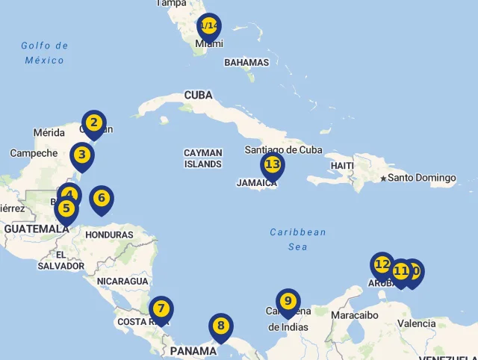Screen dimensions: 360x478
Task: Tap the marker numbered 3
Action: [81, 155]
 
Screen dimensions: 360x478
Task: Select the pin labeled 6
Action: [101, 199]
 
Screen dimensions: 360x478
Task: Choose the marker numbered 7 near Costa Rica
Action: [161, 308]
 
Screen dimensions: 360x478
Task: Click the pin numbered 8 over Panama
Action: [220, 326]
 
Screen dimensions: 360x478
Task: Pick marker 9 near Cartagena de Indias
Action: [288, 301]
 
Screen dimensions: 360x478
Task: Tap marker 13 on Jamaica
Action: [272, 164]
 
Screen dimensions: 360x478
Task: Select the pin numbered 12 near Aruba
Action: [382, 264]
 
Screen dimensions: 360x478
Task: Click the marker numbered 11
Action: [400, 271]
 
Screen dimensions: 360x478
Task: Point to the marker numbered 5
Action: [66, 208]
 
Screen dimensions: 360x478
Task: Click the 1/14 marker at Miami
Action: [209, 26]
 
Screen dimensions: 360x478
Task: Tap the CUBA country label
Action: [199, 95]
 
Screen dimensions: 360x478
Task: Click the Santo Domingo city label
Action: [421, 178]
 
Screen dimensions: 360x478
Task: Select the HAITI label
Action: [342, 165]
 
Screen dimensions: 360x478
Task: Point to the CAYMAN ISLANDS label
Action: [203, 158]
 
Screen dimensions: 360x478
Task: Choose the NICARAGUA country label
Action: [122, 281]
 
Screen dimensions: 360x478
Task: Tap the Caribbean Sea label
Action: [298, 239]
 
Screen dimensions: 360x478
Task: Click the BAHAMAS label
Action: [246, 63]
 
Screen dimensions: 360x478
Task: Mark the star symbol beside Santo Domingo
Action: [383, 178]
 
